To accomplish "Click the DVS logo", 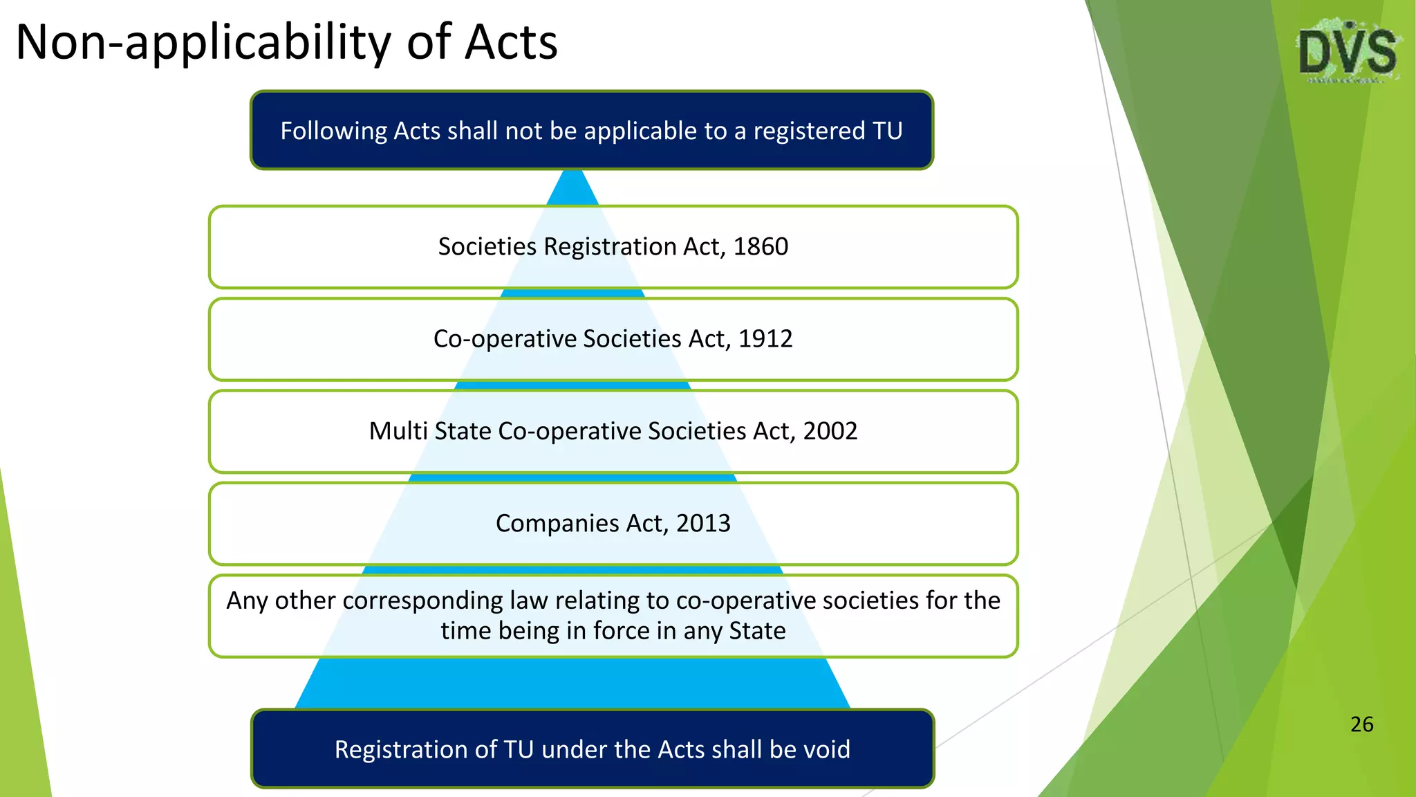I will tap(1347, 53).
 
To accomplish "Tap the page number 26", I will tap(1361, 724).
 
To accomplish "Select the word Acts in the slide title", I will tap(511, 43).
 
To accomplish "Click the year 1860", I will tap(761, 247).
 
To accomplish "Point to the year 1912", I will tap(765, 339).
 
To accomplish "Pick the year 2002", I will tap(830, 432).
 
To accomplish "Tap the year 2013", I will tap(703, 524).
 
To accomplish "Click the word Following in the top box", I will tap(333, 131).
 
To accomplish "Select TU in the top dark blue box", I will tap(887, 131).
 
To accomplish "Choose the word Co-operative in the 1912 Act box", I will tap(505, 339).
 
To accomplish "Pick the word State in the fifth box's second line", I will tap(757, 631).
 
